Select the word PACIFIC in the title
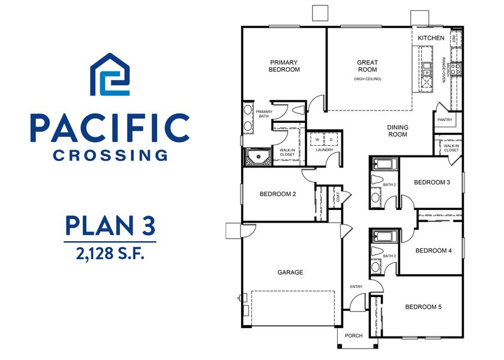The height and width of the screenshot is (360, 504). point(109,128)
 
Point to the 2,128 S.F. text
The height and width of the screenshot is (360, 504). point(110,253)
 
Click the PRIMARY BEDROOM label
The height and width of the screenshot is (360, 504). point(284,66)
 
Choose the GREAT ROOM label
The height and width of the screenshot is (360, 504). point(367,66)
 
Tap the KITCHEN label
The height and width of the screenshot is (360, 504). point(431,38)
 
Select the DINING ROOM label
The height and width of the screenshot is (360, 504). point(397,131)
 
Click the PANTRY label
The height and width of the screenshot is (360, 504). point(445,120)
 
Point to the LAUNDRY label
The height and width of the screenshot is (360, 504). point(324,150)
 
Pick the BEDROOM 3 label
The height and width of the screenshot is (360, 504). point(432,182)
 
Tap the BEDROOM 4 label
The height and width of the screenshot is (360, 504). point(433,251)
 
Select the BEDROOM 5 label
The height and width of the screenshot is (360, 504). point(423,307)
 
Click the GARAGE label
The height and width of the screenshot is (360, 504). point(290,272)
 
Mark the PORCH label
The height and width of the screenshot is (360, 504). point(353,335)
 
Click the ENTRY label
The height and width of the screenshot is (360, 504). point(356,287)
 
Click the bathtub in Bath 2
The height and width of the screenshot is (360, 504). point(383,164)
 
